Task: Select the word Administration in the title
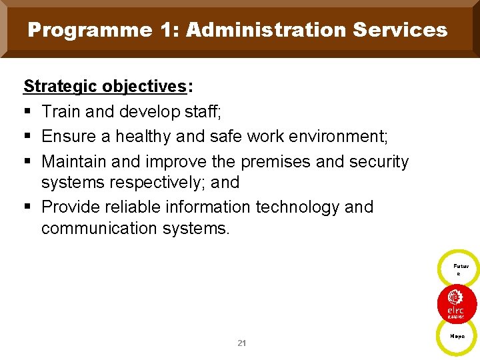(266, 30)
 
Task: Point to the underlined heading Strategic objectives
(105, 87)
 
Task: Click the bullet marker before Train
(27, 112)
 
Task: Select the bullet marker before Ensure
(27, 137)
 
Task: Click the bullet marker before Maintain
(27, 161)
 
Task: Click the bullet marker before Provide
(27, 207)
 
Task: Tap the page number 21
(241, 343)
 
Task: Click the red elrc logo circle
(457, 303)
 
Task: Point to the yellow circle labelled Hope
(457, 337)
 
